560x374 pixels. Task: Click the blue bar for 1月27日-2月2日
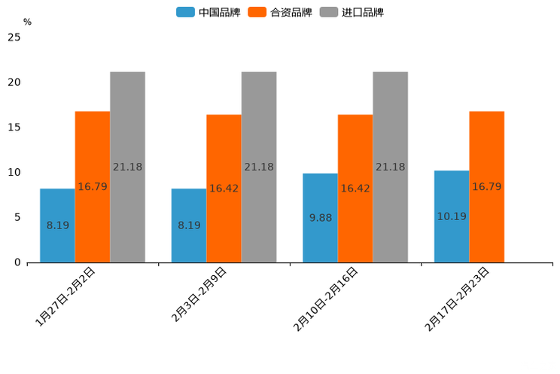57,225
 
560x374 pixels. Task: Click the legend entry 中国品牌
208,12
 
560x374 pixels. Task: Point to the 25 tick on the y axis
14,37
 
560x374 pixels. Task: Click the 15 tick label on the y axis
14,127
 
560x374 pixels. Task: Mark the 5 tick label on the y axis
17,217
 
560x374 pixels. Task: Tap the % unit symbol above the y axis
27,22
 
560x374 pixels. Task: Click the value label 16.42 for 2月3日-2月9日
224,189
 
